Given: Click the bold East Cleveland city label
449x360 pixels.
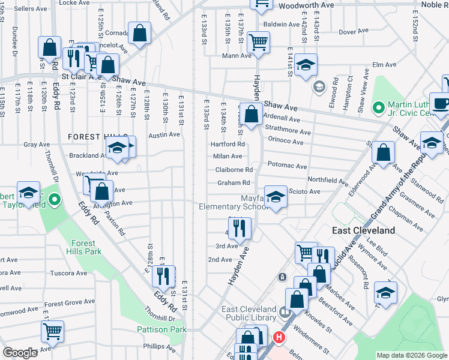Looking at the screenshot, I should tap(364, 230).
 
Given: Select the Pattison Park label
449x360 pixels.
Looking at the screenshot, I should tap(161, 329).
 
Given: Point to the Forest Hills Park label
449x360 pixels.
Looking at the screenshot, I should tap(86, 248).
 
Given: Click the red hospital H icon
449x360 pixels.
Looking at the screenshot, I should tap(278, 338).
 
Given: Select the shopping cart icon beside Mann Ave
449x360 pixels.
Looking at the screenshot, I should tap(258, 42).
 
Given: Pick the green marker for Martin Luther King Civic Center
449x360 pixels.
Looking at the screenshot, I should tap(378, 108).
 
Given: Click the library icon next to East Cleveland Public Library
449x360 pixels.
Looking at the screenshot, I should tap(286, 313).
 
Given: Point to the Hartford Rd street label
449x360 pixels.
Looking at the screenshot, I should tap(228, 144).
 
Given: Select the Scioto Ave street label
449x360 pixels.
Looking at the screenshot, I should tap(304, 191).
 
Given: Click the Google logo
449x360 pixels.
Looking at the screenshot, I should tap(20, 353).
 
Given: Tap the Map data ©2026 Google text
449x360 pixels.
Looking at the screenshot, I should tap(411, 355).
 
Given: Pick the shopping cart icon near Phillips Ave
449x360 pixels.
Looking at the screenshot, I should tap(53, 330).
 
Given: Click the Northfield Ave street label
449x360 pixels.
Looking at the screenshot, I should tap(328, 180).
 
